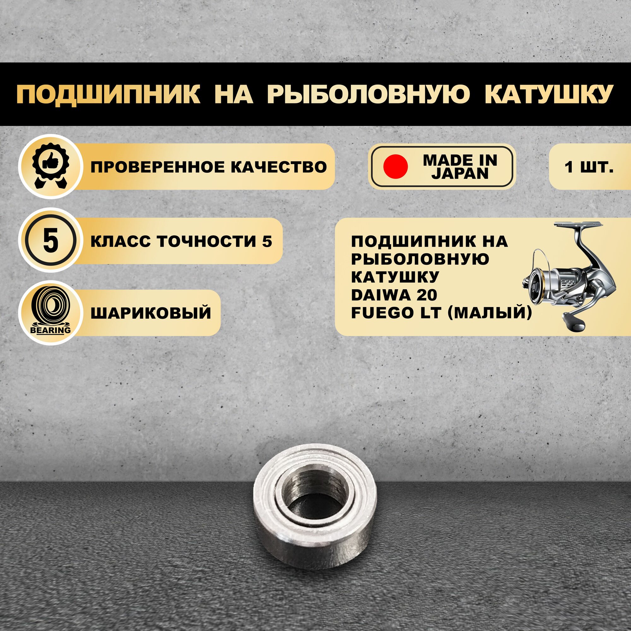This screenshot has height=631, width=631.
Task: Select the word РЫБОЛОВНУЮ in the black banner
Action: (369, 95)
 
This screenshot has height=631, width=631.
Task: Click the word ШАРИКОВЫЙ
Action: (150, 313)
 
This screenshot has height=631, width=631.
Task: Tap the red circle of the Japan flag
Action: (396, 167)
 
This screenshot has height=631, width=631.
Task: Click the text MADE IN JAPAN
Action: (460, 167)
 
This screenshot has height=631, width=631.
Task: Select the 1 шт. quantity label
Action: (589, 167)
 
